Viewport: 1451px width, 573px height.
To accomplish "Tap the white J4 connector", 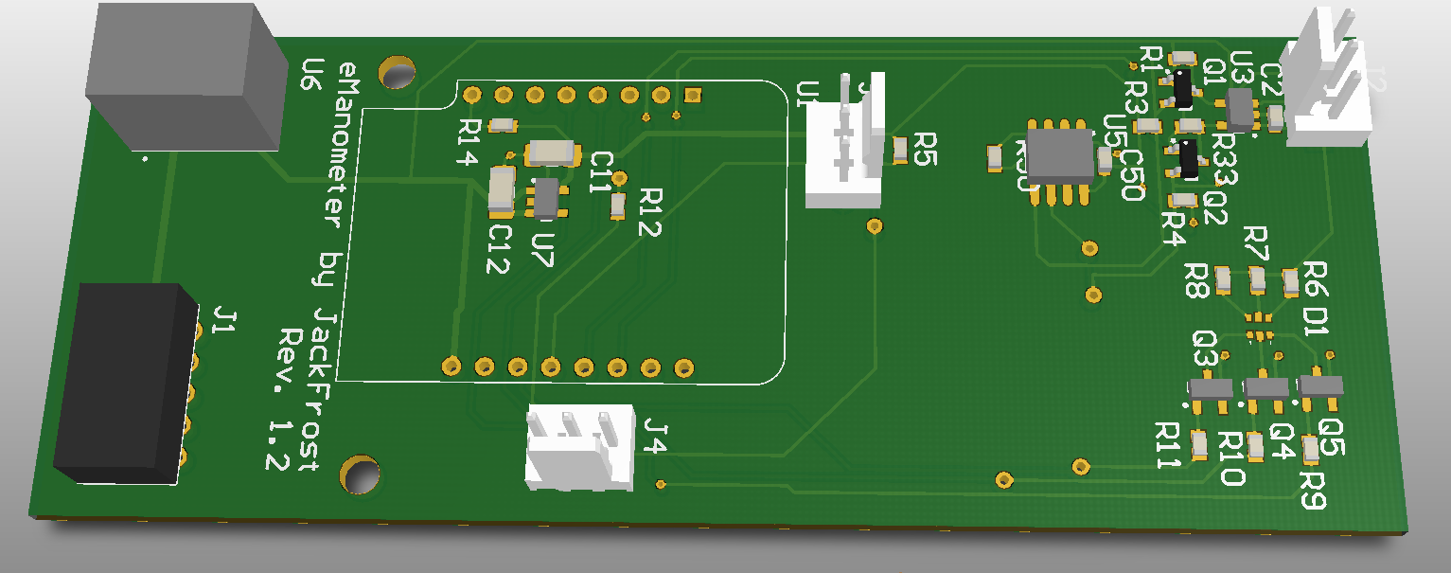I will point(580,447).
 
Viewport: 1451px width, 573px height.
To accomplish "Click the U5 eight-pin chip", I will point(1060,157).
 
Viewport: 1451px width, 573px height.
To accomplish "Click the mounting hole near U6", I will point(398,72).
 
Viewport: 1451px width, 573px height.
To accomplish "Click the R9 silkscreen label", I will point(1313,489).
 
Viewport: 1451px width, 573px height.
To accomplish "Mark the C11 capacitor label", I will point(600,171).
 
